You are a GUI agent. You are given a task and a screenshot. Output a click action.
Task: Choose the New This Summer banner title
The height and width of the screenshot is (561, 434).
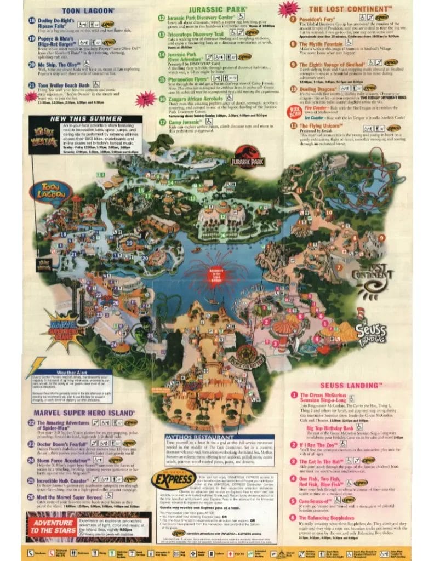point(78,118)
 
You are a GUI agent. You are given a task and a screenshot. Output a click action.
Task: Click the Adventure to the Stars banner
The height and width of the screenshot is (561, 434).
point(49,526)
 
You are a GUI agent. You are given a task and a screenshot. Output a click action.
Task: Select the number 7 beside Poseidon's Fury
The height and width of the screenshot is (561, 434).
point(294,18)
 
